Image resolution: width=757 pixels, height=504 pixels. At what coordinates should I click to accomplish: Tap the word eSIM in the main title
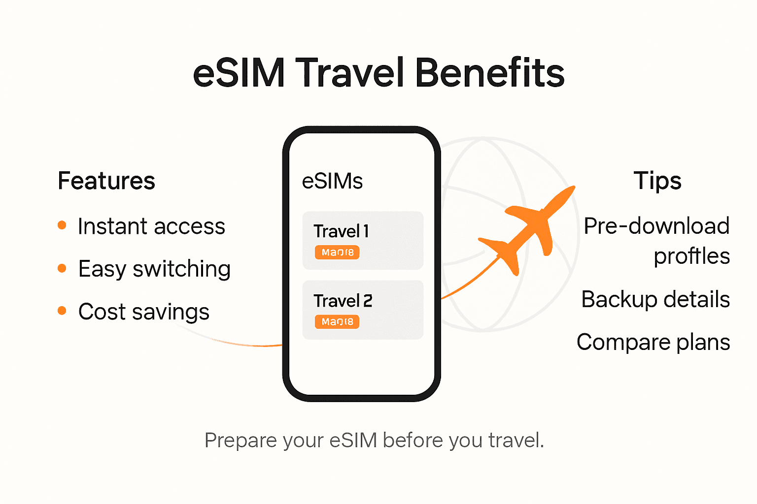[239, 73]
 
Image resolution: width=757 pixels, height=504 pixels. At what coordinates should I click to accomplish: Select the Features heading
[106, 181]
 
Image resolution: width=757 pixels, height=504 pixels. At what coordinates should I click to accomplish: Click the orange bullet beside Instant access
[62, 225]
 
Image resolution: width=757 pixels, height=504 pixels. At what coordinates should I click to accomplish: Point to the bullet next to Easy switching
[62, 268]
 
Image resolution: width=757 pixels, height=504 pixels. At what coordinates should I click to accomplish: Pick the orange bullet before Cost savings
[62, 311]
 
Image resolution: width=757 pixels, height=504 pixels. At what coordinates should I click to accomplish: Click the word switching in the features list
[181, 269]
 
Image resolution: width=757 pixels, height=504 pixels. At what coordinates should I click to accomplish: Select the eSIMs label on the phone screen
[332, 181]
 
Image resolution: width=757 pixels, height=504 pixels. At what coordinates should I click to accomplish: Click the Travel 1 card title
[341, 231]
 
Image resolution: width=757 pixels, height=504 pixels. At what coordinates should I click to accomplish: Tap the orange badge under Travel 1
[337, 252]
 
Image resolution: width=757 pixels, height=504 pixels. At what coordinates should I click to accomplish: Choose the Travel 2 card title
[343, 301]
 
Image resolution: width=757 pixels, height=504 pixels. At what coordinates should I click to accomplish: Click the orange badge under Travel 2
[337, 322]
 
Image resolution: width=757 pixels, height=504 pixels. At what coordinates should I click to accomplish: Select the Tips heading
[657, 181]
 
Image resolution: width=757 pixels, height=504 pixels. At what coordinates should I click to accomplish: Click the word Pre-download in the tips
[656, 226]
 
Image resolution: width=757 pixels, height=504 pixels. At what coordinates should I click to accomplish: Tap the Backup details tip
[655, 299]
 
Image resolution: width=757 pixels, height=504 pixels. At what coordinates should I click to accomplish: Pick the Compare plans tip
[653, 342]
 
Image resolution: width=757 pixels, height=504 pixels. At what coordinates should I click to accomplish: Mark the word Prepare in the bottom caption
[241, 441]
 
